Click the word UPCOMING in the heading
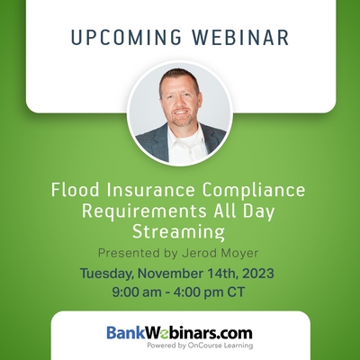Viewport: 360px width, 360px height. [x=126, y=38]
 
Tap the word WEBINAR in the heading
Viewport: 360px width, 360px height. [x=240, y=38]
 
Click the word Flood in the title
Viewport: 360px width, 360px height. [x=75, y=190]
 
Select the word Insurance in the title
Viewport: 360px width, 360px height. [x=150, y=190]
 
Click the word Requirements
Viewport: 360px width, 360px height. [x=144, y=211]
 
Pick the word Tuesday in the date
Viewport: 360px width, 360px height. [x=106, y=274]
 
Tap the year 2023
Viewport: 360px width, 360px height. [x=258, y=274]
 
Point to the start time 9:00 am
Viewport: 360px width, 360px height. [x=137, y=292]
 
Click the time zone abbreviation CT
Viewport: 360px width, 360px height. [x=236, y=292]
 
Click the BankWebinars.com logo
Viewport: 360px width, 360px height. [x=179, y=333]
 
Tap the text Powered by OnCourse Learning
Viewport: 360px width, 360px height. [x=200, y=346]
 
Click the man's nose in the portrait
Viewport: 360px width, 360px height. [x=181, y=103]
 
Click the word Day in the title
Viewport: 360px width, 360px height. [x=258, y=212]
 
